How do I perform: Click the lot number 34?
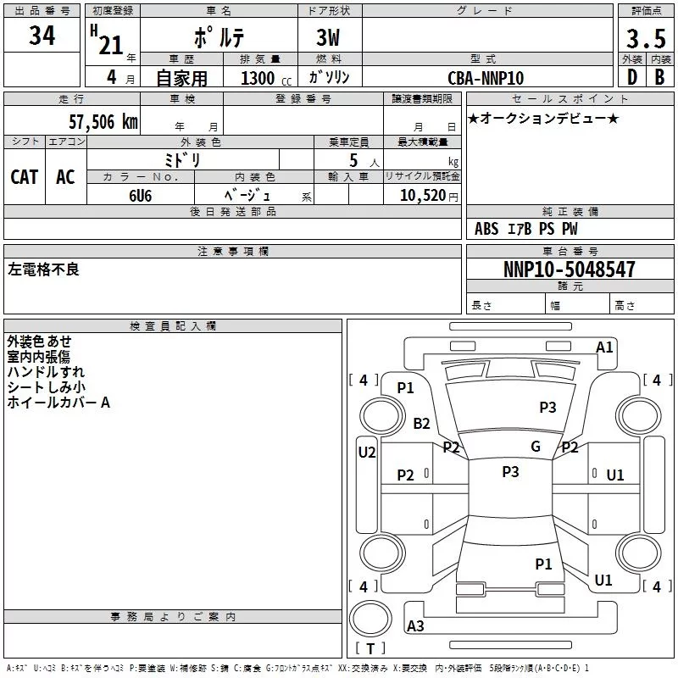pos(42,36)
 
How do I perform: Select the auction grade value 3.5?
pos(645,40)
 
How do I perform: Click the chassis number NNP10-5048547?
pos(569,270)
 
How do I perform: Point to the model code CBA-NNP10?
pos(486,78)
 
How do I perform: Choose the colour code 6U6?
pos(141,194)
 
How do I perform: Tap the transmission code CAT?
pos(25,176)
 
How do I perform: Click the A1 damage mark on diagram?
pos(604,347)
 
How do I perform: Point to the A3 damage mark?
pos(416,626)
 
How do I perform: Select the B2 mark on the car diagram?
pos(421,424)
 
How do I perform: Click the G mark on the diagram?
pos(536,447)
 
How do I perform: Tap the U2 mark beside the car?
pos(366,453)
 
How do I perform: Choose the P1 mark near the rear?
pos(543,564)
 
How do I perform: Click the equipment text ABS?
pos(486,229)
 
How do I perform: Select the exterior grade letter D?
pos(631,77)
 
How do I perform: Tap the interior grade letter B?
pos(659,77)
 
